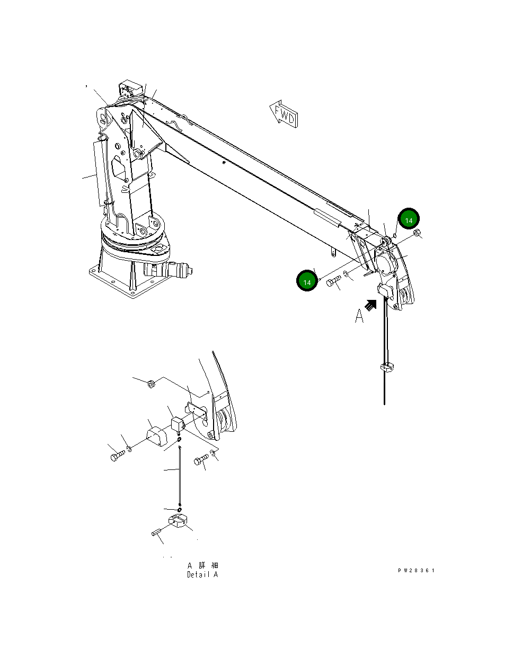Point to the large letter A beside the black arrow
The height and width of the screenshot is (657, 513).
359,316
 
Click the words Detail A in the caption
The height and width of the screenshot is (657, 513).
202,575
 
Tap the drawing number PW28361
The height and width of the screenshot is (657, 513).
416,571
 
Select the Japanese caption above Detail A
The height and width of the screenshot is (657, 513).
202,565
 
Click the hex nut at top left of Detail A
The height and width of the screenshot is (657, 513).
151,383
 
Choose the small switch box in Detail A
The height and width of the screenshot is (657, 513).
177,424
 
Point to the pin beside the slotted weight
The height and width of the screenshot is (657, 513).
157,532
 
